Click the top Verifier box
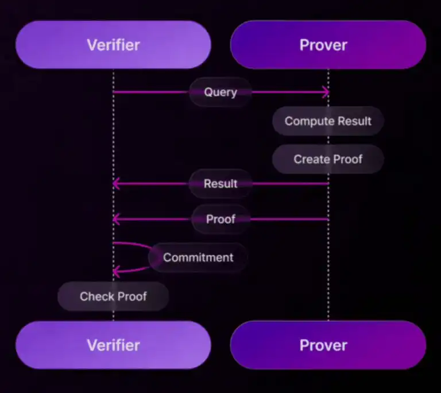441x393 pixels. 113,45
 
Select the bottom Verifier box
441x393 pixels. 113,345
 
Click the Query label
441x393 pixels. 220,92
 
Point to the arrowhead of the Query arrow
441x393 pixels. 326,92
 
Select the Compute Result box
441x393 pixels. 328,121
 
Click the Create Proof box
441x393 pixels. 328,159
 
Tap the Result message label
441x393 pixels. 220,184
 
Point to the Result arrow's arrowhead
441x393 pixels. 115,184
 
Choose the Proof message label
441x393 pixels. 220,219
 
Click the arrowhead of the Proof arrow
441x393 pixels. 115,219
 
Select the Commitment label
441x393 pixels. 198,258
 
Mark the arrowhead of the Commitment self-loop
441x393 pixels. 116,271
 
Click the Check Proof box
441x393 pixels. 113,297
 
